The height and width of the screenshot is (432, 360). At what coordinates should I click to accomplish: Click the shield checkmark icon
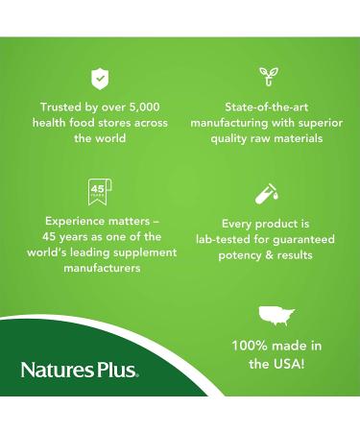99,77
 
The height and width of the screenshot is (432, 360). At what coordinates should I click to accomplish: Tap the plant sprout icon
268,77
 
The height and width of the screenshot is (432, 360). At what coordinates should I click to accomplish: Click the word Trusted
61,107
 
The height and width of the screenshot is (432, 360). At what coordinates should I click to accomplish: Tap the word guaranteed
303,237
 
